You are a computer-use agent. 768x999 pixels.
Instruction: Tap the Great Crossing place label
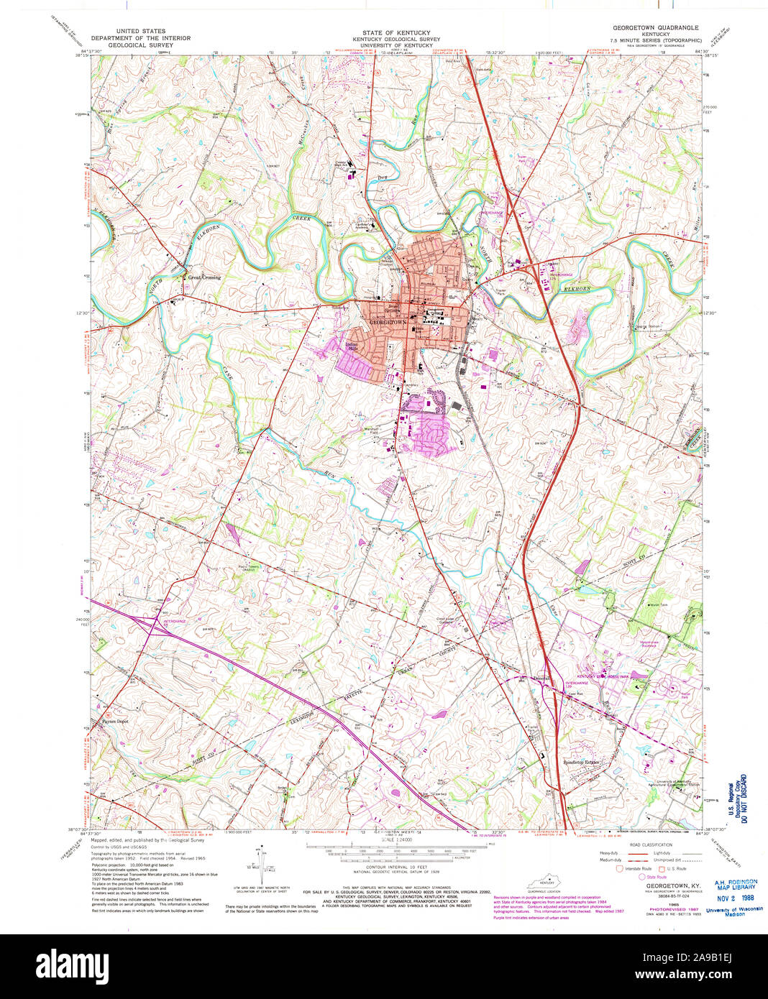pyautogui.click(x=204, y=277)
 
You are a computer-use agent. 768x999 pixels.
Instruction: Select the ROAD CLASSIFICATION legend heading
pyautogui.click(x=650, y=844)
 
